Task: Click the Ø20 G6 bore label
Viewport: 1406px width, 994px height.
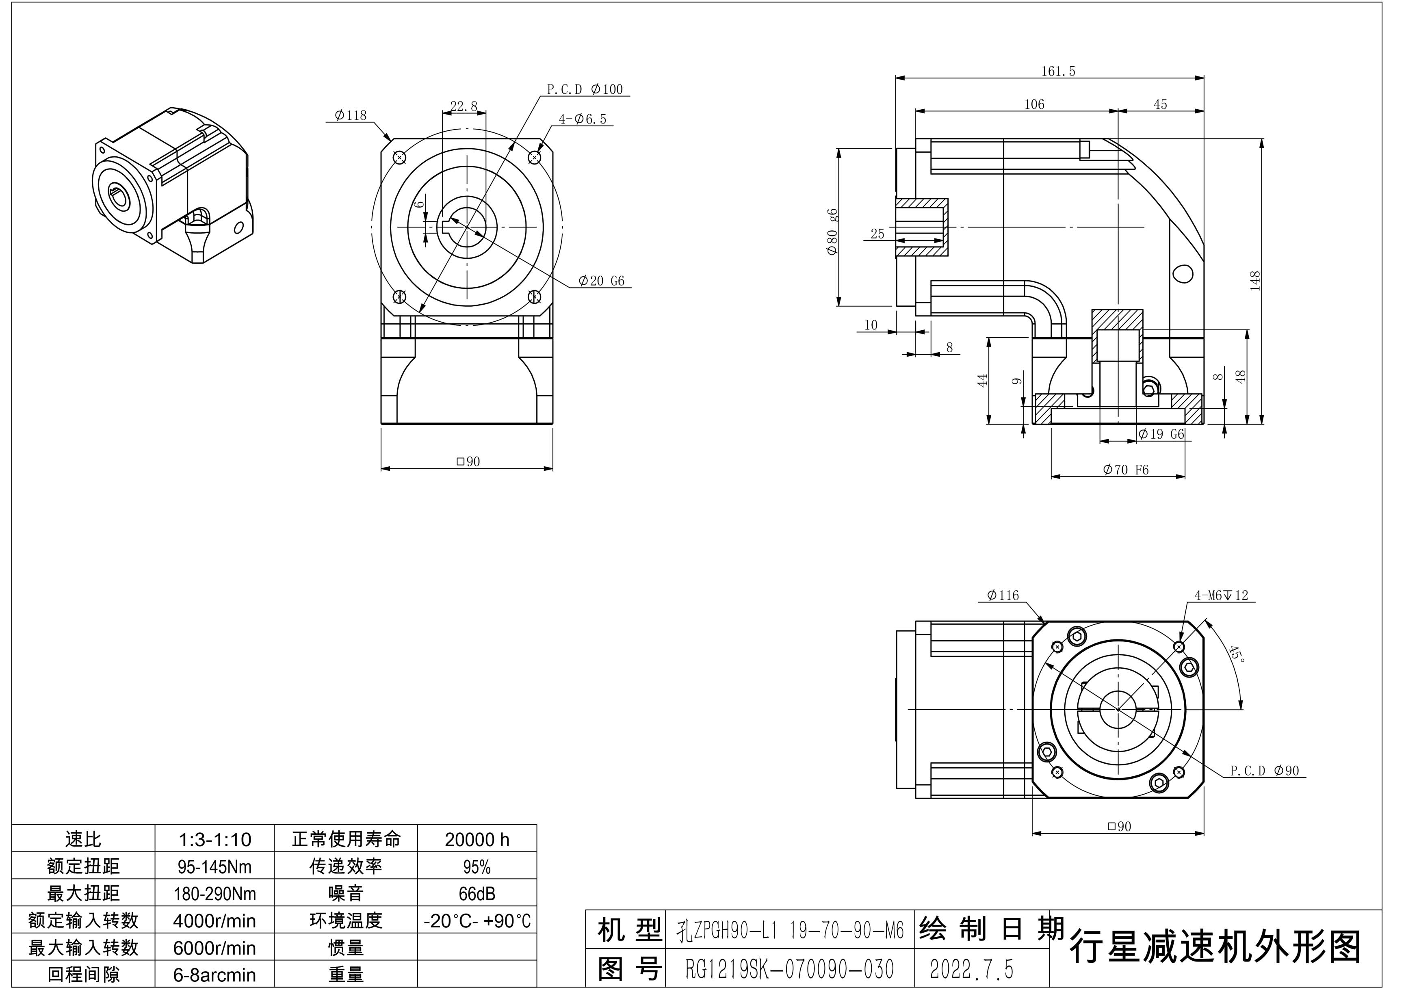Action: pos(601,281)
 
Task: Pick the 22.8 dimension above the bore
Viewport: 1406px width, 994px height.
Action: pos(464,106)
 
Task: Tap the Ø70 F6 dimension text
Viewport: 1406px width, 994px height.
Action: pos(1126,470)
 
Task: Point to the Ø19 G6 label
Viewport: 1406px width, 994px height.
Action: pos(1161,434)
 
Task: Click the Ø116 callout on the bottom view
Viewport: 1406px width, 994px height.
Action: pos(1003,595)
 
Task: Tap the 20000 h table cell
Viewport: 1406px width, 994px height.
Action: pos(477,839)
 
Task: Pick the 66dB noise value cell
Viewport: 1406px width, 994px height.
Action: pos(477,894)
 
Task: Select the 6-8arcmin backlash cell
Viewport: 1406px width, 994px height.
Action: pos(214,975)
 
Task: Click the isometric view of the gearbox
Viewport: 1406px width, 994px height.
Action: pos(172,186)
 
